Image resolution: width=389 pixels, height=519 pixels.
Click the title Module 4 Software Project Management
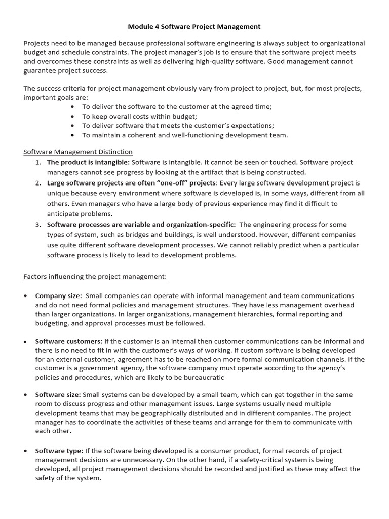pos(194,26)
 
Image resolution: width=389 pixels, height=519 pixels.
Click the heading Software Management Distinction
pos(78,152)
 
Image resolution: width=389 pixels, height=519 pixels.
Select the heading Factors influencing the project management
pos(95,277)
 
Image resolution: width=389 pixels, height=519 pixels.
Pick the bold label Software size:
pos(58,395)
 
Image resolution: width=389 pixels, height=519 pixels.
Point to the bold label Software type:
pos(59,451)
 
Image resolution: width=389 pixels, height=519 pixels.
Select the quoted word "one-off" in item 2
pos(173,183)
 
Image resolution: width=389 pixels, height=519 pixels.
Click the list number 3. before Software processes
pos(38,224)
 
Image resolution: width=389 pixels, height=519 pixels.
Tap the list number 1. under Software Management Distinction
pos(38,162)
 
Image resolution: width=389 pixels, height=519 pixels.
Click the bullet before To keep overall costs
pos(73,116)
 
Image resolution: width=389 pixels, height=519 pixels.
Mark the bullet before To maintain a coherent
pos(73,135)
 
